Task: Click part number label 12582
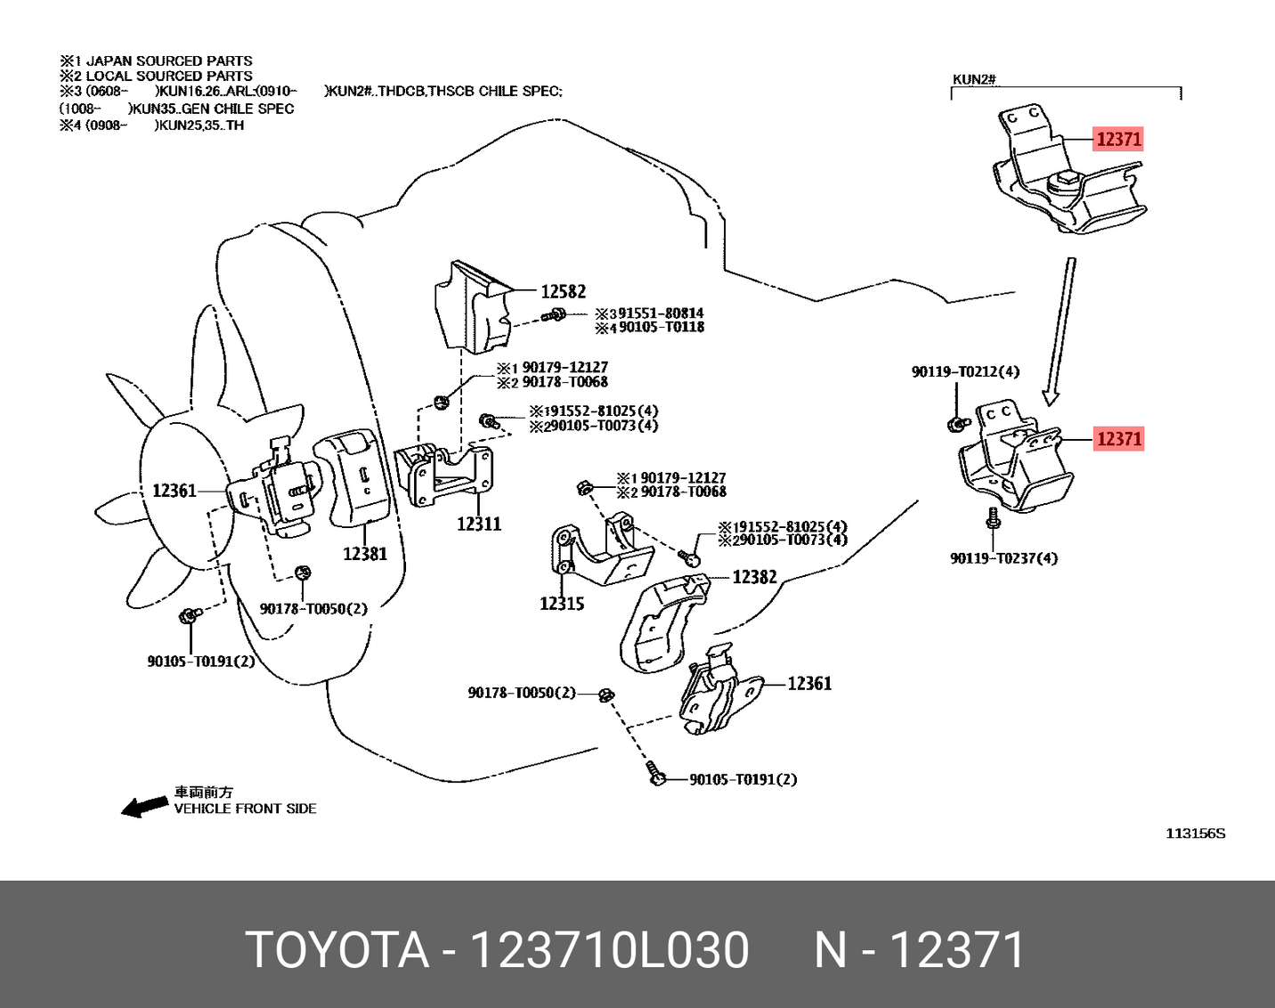[563, 291]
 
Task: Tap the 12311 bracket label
[479, 524]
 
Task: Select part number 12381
[365, 554]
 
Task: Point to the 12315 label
[562, 603]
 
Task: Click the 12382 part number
[754, 577]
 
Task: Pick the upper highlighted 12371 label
[1118, 139]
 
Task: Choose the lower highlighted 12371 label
[1118, 438]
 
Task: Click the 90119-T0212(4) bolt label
[965, 371]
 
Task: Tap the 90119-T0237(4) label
[1003, 558]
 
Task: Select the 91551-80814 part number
[661, 313]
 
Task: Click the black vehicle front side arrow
[144, 807]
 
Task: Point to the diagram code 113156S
[1195, 833]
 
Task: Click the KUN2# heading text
[973, 79]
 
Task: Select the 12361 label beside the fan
[174, 491]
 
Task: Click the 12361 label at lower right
[808, 683]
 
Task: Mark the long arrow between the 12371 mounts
[1060, 329]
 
